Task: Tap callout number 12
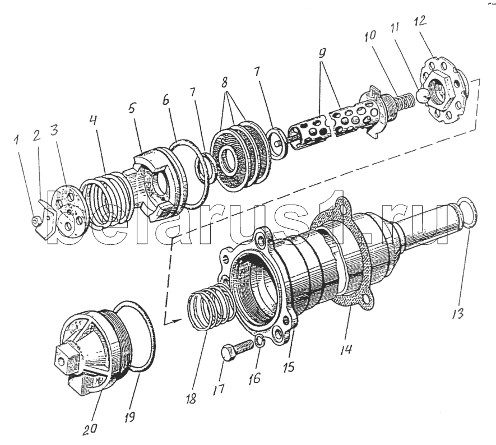point(420,23)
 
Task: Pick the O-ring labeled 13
point(466,213)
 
